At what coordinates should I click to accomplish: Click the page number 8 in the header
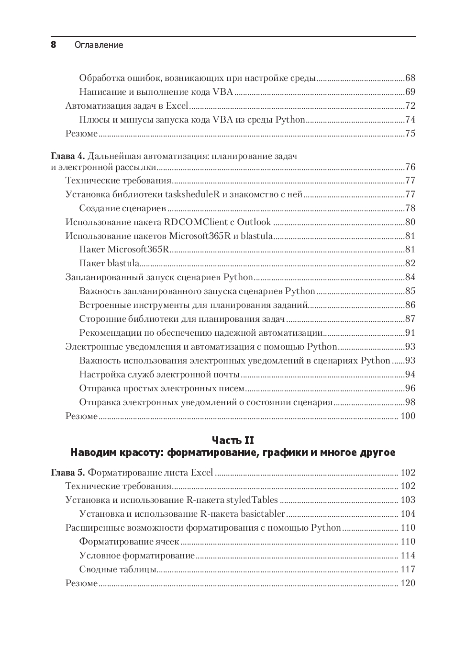coord(54,45)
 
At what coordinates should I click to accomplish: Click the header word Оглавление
coord(99,45)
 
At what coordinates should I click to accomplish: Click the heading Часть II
coord(233,440)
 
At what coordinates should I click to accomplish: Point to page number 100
coord(408,416)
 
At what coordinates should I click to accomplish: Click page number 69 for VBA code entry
coord(410,91)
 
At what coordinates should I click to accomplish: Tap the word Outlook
coord(254,222)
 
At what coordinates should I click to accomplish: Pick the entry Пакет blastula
coord(110,263)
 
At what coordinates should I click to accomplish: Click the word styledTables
coord(252,500)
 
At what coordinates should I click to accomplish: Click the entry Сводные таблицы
coord(118,569)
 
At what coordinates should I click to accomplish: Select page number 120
coord(408,583)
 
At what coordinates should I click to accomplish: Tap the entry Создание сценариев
coord(122,208)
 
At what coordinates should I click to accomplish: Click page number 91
coord(410,332)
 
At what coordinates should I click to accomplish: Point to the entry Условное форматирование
coord(137,555)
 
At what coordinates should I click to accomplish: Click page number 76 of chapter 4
coord(410,167)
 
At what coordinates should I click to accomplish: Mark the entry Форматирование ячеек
coord(129,541)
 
